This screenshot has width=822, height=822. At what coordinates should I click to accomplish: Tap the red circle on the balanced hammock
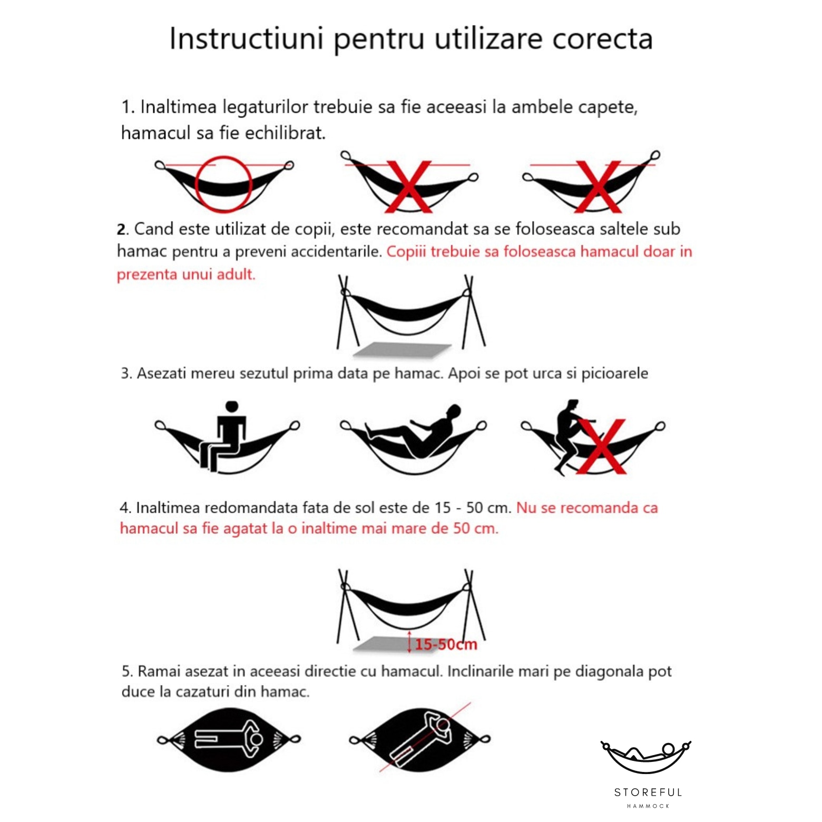[x=223, y=184]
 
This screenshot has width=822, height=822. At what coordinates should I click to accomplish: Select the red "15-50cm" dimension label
[x=446, y=644]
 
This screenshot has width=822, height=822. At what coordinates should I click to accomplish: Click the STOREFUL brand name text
[x=648, y=792]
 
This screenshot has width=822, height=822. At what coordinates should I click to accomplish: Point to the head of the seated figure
[x=232, y=407]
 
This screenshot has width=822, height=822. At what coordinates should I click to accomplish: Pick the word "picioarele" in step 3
[x=614, y=374]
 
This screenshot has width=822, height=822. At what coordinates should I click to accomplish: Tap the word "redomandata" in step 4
[x=251, y=508]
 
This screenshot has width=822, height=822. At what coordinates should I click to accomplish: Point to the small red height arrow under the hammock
[x=409, y=641]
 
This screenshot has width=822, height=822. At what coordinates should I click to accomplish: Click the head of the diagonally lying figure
[x=443, y=726]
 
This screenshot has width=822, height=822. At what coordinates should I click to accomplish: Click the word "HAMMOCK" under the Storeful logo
[x=648, y=806]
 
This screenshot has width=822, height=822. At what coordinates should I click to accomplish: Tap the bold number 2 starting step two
[x=122, y=230]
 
